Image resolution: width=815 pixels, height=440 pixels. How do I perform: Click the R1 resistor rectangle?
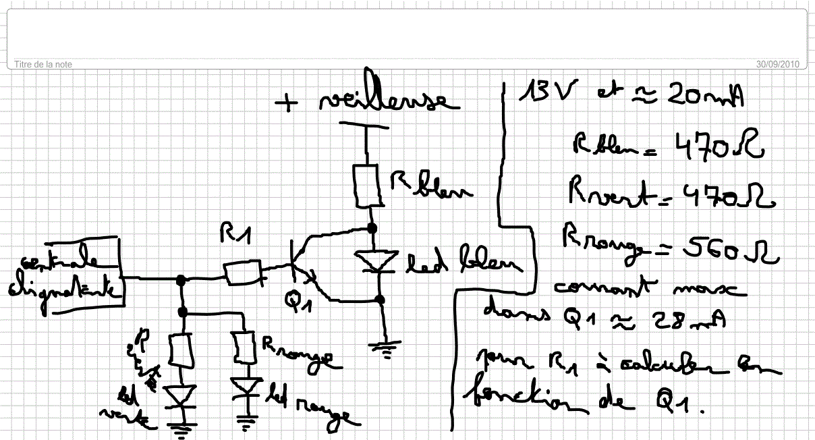coord(243,273)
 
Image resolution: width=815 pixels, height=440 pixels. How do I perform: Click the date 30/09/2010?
coord(777,64)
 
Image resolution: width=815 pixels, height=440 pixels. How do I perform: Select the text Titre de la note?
coord(43,64)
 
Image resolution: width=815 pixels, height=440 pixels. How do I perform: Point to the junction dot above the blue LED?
coord(372,228)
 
